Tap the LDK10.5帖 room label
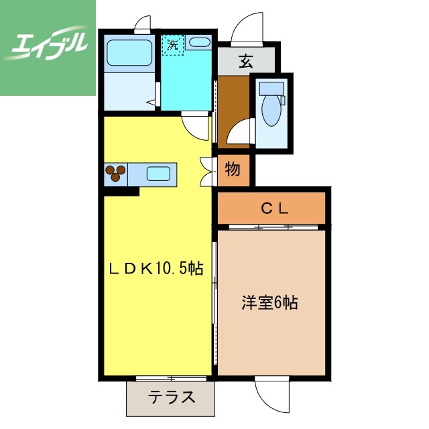[156, 269]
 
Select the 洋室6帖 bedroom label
[269, 302]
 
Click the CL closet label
[274, 208]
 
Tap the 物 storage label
[233, 170]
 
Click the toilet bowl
[271, 111]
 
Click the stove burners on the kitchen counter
[115, 174]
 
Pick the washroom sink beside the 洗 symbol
[198, 43]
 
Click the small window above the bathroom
[142, 26]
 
